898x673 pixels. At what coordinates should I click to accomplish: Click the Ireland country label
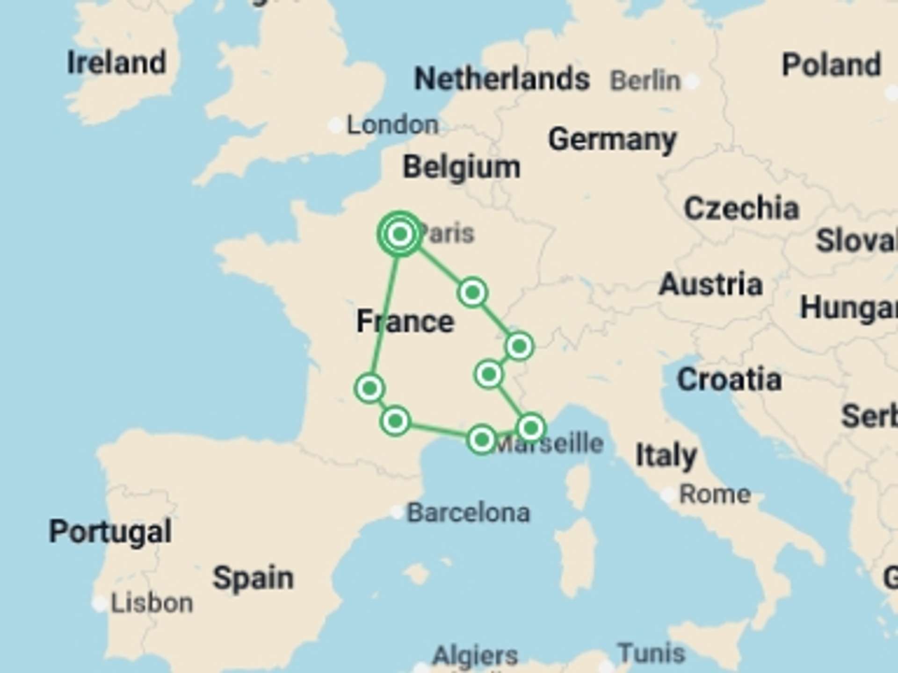[x=116, y=63]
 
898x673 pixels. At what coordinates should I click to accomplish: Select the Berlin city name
[x=645, y=81]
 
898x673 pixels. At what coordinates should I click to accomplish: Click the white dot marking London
[x=335, y=125]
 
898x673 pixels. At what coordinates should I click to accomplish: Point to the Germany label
[x=612, y=140]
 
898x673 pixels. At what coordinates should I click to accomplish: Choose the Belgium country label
[x=461, y=167]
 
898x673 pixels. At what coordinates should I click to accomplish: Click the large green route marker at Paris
[x=399, y=234]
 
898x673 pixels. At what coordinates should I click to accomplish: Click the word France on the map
[x=405, y=322]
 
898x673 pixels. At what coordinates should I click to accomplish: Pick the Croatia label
[x=729, y=379]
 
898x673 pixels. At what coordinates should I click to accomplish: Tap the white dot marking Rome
[x=669, y=494]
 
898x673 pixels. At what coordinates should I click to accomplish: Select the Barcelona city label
[x=468, y=513]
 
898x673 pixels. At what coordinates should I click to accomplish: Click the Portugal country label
[x=110, y=531]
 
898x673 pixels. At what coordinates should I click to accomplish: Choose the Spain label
[x=253, y=578]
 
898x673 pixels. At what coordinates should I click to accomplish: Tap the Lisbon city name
[x=152, y=603]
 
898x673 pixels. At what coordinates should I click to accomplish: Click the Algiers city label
[x=475, y=655]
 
